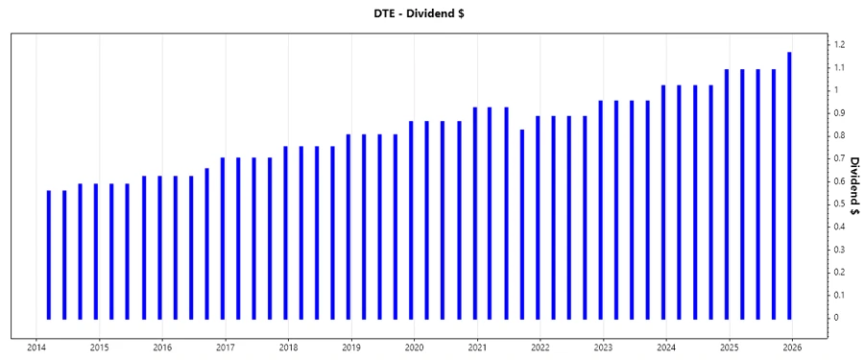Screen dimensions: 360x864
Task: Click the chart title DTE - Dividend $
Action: (431, 14)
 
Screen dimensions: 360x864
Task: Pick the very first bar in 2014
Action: (48, 254)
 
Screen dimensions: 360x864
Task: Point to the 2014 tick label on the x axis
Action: (36, 347)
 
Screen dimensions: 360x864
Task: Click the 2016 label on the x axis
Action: (162, 347)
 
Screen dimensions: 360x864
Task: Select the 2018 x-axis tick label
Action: (288, 347)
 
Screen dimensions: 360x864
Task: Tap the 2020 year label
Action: (414, 347)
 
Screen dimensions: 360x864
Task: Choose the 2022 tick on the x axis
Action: (540, 347)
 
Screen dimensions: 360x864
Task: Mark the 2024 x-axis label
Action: (665, 347)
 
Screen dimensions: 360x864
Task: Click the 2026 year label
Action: (791, 347)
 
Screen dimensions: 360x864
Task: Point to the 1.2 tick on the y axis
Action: (839, 45)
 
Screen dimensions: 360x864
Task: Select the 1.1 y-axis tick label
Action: (839, 68)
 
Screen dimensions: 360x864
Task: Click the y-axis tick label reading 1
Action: (836, 90)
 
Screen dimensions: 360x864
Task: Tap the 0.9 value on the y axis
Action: (839, 113)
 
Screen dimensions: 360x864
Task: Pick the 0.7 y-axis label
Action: (839, 158)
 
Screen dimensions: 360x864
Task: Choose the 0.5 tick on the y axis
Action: (839, 204)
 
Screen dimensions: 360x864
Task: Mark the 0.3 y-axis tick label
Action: (839, 250)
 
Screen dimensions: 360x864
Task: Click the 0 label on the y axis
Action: (836, 318)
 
